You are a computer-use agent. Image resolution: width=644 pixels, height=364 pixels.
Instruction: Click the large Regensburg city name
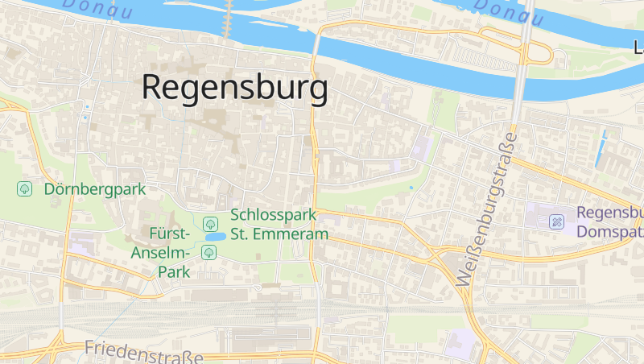pos(235,87)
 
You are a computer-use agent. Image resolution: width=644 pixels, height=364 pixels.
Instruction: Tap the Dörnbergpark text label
pos(95,190)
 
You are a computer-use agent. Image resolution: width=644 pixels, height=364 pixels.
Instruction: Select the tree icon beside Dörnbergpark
pos(25,189)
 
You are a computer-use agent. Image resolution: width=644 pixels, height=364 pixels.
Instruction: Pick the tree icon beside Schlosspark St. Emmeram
pos(210,223)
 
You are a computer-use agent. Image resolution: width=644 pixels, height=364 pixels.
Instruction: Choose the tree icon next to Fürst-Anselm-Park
pos(208,253)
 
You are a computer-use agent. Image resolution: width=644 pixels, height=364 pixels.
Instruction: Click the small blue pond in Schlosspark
pos(215,238)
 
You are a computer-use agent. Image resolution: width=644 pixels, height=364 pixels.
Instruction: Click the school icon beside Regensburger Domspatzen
pos(557,221)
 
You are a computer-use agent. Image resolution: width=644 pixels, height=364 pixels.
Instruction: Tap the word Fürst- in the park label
pos(169,234)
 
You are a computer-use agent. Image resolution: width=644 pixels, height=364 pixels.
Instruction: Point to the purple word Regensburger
pos(609,213)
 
